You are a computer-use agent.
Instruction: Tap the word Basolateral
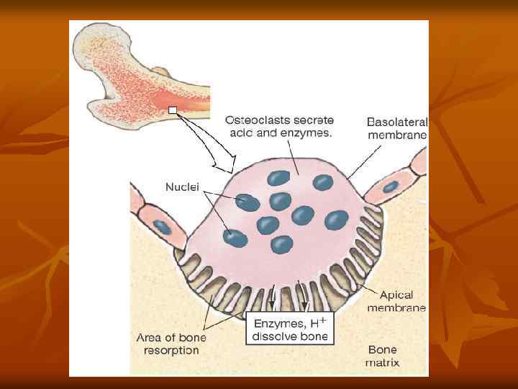(x=396, y=122)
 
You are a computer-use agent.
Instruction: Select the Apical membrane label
(x=396, y=301)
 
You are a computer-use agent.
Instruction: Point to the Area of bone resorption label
(x=168, y=344)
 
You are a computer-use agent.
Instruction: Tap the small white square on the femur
(x=173, y=109)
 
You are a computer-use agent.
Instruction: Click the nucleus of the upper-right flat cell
(x=391, y=187)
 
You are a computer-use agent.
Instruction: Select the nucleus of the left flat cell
(x=164, y=227)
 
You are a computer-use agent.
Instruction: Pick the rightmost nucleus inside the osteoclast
(x=336, y=218)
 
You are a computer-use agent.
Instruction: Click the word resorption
(x=169, y=350)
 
